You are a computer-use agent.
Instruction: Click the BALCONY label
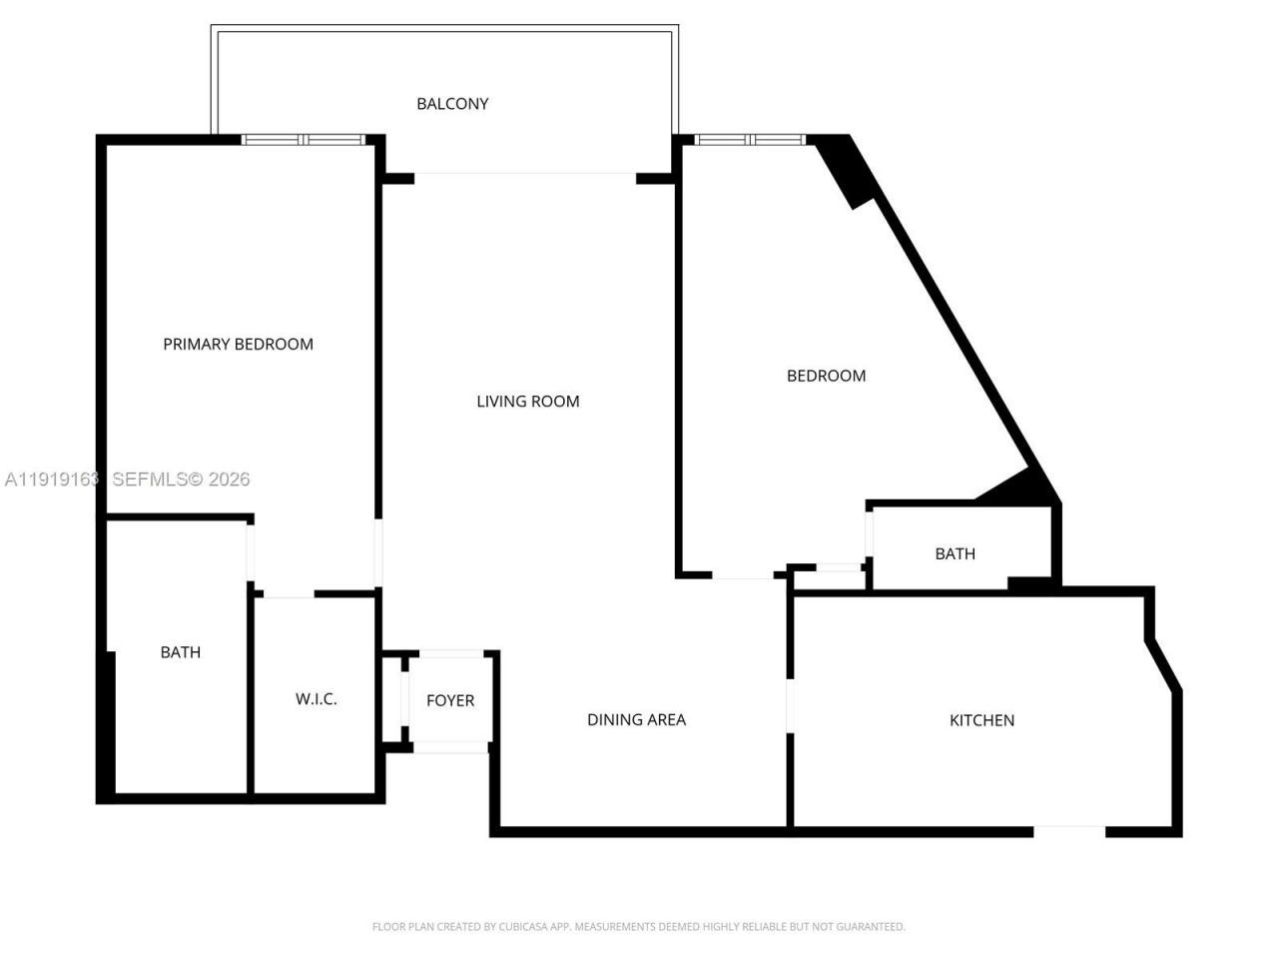pos(452,104)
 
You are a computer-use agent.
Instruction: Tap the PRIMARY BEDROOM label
pos(238,345)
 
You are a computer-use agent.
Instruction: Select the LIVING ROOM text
pos(527,402)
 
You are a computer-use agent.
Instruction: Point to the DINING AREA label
pos(636,720)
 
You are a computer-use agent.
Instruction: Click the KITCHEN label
pos(981,720)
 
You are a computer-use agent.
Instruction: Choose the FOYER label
pos(450,701)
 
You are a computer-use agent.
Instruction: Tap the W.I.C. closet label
pos(316,699)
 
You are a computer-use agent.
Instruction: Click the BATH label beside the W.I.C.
pos(181,652)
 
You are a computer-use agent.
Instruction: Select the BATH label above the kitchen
pos(955,554)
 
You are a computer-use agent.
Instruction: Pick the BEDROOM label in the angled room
pos(826,377)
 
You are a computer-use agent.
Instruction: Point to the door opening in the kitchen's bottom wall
pos(1069,830)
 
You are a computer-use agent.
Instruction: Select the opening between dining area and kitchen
pos(790,706)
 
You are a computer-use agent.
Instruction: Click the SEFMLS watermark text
pos(181,479)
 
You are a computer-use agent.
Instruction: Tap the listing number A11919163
pos(52,479)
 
